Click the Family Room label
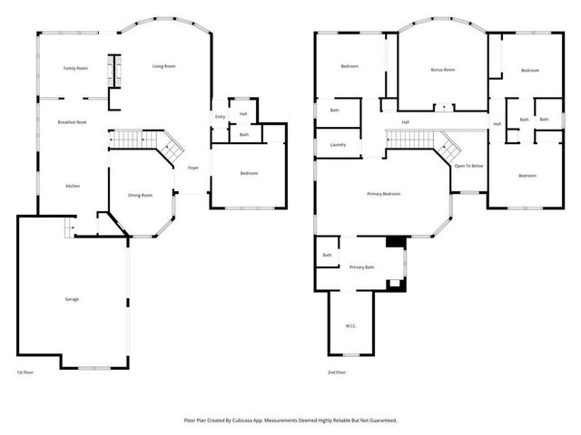(75, 69)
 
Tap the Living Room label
(163, 66)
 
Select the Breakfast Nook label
(72, 121)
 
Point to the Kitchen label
(73, 186)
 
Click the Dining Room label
(140, 195)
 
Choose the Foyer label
(193, 168)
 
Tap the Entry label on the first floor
(220, 117)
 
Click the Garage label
(71, 299)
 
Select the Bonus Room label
(442, 70)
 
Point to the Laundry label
(338, 145)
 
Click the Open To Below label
(468, 166)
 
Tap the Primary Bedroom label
(383, 194)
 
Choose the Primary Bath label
(362, 267)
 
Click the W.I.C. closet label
(350, 325)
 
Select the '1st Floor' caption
(25, 372)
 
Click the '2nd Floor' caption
(337, 372)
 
